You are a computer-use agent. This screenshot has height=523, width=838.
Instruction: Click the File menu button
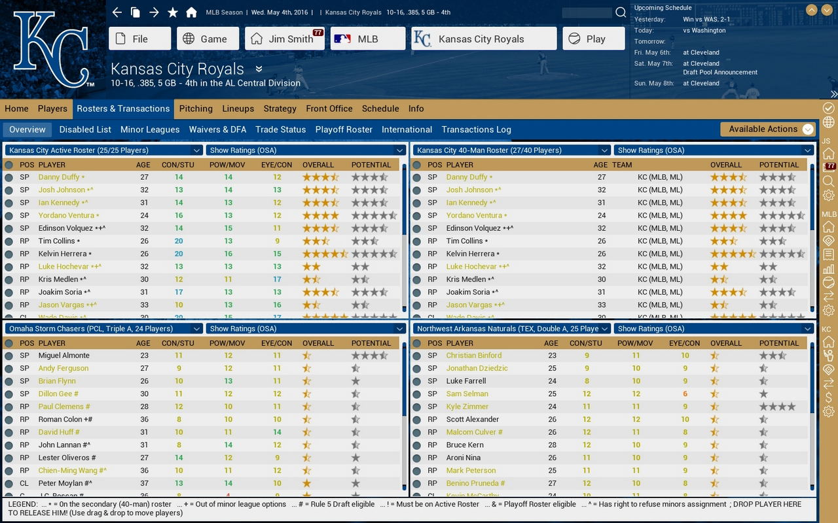(x=139, y=39)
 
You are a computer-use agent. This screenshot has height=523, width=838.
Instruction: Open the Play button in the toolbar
(x=593, y=39)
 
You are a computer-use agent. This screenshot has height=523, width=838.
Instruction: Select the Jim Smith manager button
(x=285, y=39)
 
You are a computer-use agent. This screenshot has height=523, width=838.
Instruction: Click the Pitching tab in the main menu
(x=196, y=109)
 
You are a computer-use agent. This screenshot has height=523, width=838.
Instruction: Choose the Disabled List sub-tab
(x=85, y=129)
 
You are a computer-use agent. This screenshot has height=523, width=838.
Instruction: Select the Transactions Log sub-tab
(x=476, y=129)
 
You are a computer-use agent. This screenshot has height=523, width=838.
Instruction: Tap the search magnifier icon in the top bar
(x=621, y=12)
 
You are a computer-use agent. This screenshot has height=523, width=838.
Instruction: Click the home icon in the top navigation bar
(x=191, y=12)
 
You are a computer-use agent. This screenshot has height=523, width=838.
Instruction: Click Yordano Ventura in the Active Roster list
(x=65, y=215)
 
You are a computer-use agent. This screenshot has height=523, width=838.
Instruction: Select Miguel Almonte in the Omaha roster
(x=64, y=356)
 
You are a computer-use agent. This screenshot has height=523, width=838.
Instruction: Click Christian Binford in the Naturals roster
(x=473, y=356)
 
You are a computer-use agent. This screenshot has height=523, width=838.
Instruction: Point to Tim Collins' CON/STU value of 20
(x=179, y=241)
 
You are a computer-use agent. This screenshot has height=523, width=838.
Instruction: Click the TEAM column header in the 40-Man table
(x=622, y=165)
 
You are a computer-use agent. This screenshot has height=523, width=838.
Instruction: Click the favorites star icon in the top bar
(x=173, y=12)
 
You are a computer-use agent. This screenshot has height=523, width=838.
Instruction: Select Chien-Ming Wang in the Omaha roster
(x=69, y=471)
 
